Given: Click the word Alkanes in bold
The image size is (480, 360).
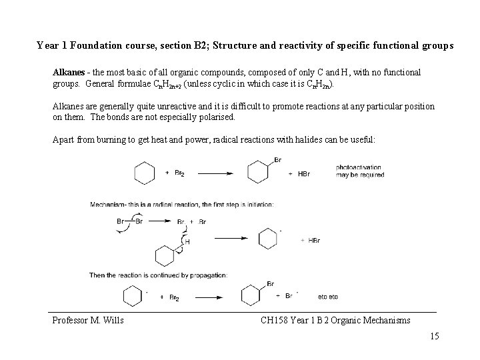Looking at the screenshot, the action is pos(69,71).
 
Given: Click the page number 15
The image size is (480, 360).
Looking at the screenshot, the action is pos(435,336).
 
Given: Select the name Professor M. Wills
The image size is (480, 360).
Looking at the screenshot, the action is pos(88,321).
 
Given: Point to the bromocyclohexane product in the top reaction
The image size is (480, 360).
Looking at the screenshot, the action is pos(259,171).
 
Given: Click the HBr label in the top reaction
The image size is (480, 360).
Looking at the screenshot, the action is pos(303,174).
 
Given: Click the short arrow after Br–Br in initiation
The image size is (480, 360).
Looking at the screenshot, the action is pos(159,221).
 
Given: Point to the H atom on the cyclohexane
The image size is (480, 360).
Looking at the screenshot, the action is pos(187,242).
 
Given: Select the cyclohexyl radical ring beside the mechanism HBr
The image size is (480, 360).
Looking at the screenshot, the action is pos(267,239).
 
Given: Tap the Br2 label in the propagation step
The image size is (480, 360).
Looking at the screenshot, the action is pos(174,297).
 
